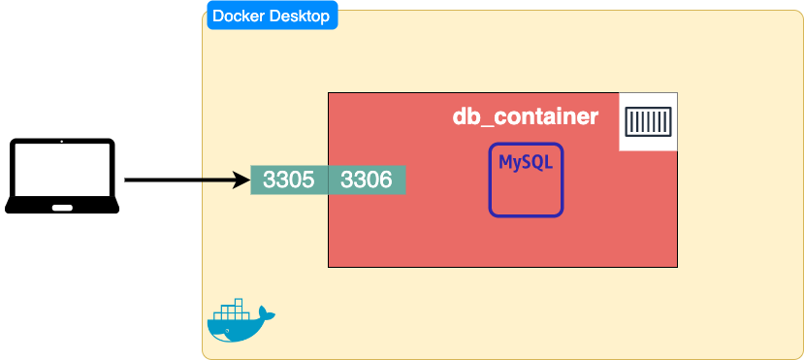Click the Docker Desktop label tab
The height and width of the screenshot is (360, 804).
(x=271, y=16)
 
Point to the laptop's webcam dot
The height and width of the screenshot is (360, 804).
(x=62, y=143)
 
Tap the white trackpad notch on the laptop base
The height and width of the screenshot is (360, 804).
(x=62, y=206)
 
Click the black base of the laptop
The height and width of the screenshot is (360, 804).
(x=29, y=207)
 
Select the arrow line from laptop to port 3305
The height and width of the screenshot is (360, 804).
(x=179, y=180)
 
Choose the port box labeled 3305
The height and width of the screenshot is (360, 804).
(x=289, y=180)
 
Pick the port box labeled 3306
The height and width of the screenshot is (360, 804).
(x=367, y=180)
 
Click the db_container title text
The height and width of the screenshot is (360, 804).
(x=525, y=117)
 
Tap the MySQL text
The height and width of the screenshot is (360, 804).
(x=526, y=162)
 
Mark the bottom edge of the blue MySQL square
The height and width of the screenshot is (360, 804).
(x=526, y=214)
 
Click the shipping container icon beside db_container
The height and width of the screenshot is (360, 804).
(x=648, y=122)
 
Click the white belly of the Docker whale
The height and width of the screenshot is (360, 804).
(x=233, y=337)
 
